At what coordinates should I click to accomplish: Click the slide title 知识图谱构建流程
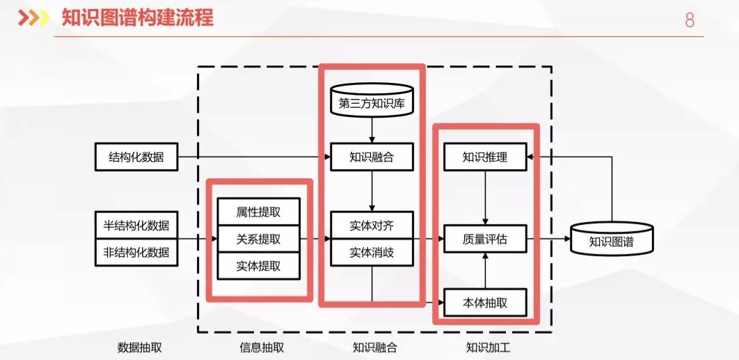click(137, 18)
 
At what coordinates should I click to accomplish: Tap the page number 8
click(689, 20)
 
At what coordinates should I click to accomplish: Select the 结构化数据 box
click(136, 157)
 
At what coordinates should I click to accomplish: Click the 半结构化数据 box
click(136, 226)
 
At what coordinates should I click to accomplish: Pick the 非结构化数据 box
click(136, 253)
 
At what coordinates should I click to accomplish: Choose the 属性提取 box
click(258, 212)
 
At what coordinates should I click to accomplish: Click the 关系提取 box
click(258, 239)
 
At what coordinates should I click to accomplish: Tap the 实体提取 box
click(258, 265)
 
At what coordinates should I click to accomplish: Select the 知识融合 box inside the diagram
click(372, 157)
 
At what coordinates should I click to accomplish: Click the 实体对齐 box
click(372, 226)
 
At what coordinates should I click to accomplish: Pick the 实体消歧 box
click(372, 253)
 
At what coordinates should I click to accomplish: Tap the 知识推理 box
click(485, 157)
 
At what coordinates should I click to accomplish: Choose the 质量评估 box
click(485, 239)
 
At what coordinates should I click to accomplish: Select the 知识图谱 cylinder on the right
click(612, 240)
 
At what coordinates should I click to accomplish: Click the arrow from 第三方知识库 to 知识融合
click(372, 130)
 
